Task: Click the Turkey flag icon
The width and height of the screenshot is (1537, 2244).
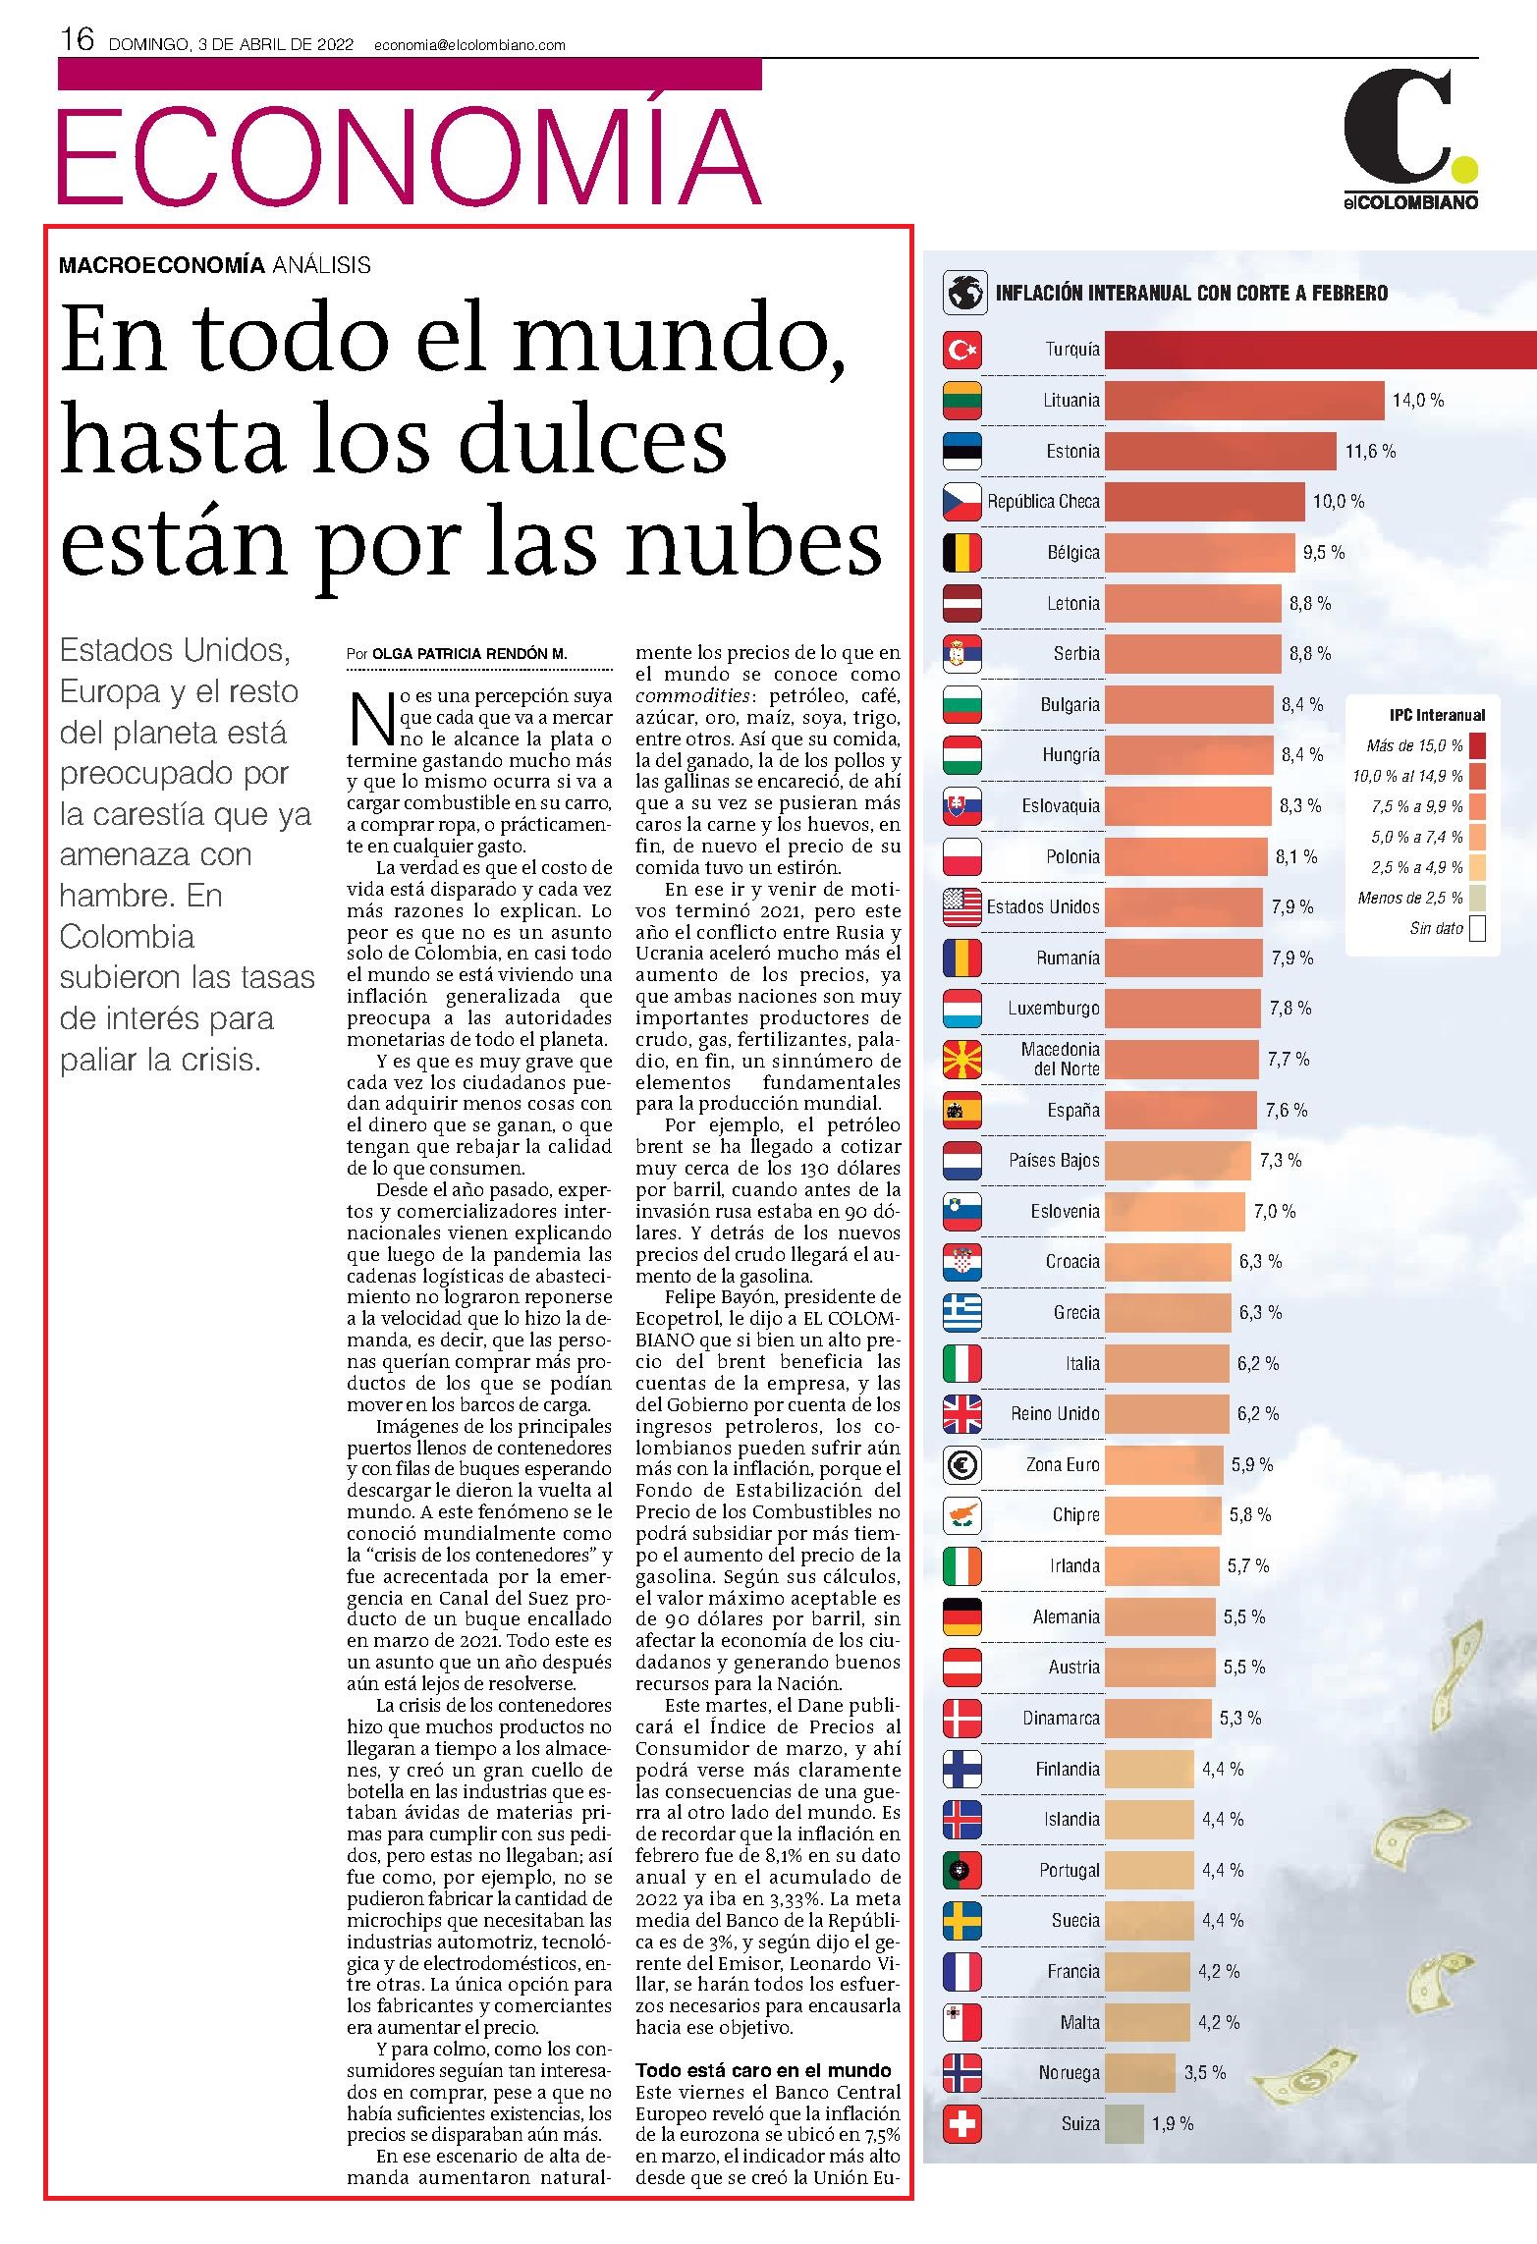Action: click(x=962, y=350)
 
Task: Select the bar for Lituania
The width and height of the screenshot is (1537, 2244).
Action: click(x=1244, y=401)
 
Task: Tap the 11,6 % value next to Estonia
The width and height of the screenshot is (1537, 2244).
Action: click(x=1370, y=452)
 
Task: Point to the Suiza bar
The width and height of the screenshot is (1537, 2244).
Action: click(x=1125, y=2123)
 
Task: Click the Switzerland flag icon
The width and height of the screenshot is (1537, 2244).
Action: click(x=962, y=2123)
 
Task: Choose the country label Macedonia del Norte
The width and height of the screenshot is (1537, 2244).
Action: click(x=1060, y=1060)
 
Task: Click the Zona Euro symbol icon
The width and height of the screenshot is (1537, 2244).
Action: click(x=962, y=1465)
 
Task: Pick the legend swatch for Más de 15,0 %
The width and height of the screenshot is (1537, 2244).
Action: click(x=1477, y=745)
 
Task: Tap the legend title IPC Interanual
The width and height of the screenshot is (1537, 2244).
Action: click(x=1437, y=715)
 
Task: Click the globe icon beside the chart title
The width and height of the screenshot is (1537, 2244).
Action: click(x=964, y=293)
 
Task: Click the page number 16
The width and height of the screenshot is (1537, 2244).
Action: click(x=78, y=39)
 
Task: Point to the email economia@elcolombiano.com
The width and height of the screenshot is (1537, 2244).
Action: click(x=469, y=44)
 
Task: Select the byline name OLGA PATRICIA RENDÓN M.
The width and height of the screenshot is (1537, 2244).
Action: click(x=469, y=654)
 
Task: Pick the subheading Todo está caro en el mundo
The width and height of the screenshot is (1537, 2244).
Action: click(x=763, y=2070)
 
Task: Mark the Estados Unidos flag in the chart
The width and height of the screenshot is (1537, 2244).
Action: click(x=962, y=907)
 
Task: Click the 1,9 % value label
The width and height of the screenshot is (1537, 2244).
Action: click(x=1173, y=2123)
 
